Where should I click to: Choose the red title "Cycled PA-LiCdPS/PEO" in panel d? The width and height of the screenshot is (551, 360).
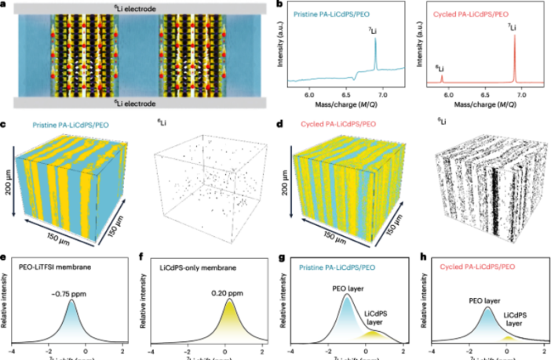point(339,125)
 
